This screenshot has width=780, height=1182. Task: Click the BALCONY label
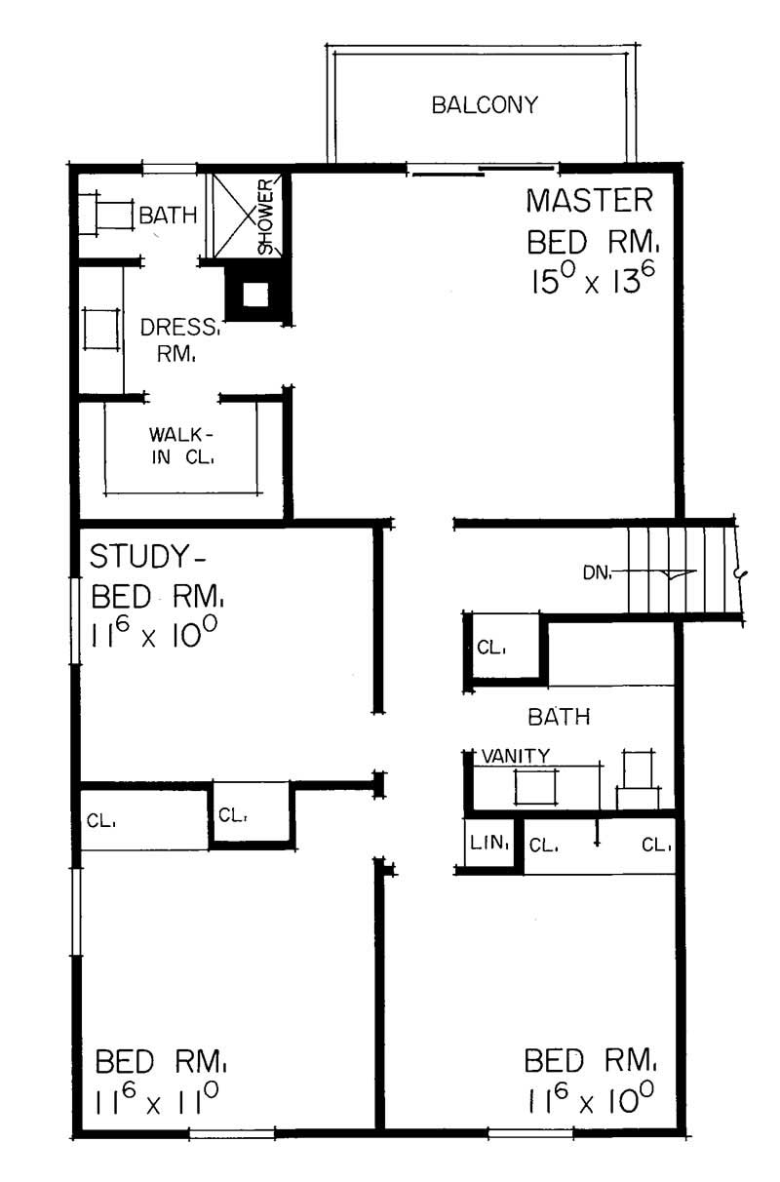tap(485, 105)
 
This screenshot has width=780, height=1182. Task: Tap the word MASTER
tap(588, 202)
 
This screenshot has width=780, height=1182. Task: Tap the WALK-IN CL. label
tap(181, 445)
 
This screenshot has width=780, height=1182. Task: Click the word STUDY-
tap(149, 557)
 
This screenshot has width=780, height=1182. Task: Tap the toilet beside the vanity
tap(639, 780)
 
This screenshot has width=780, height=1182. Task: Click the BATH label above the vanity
tap(559, 718)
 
